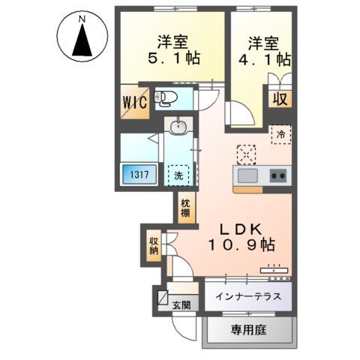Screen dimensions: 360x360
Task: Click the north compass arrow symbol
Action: click(80, 41)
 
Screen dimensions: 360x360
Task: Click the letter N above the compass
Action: click(81, 16)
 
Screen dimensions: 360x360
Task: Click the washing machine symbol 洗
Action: click(178, 175)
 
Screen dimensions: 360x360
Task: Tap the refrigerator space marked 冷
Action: click(280, 136)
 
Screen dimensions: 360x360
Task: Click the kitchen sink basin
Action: click(248, 175)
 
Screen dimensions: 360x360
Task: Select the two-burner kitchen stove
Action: click(277, 175)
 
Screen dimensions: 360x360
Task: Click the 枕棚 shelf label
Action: click(184, 207)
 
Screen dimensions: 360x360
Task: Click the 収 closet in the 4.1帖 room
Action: click(280, 97)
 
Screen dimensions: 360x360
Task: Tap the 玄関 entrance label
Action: click(181, 304)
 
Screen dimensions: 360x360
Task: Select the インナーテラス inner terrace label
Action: click(248, 295)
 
